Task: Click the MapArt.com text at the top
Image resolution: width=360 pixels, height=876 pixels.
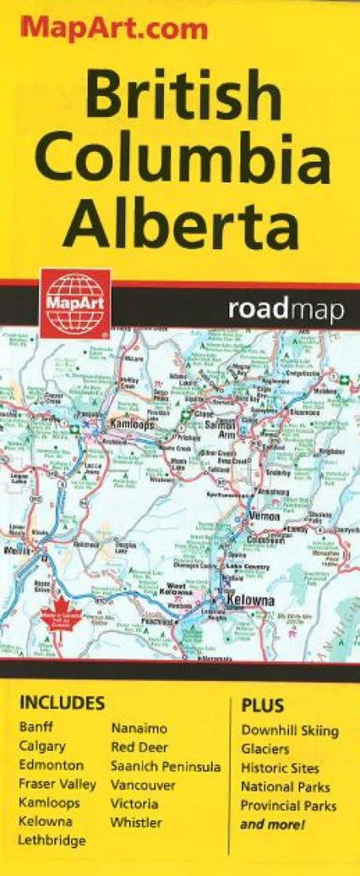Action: pos(114,29)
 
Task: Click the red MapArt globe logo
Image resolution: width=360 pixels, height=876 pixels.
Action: pos(75,304)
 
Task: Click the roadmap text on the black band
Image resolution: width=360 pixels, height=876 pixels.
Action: pos(286,310)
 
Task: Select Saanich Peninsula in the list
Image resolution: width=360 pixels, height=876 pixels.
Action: pos(165,766)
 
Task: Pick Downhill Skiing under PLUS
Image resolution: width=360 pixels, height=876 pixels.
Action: pos(289,731)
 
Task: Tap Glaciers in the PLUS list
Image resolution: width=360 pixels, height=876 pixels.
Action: pos(265,749)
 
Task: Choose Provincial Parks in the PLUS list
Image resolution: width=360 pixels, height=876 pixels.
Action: pos(288,805)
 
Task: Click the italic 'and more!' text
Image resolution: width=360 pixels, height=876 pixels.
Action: pos(273,824)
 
